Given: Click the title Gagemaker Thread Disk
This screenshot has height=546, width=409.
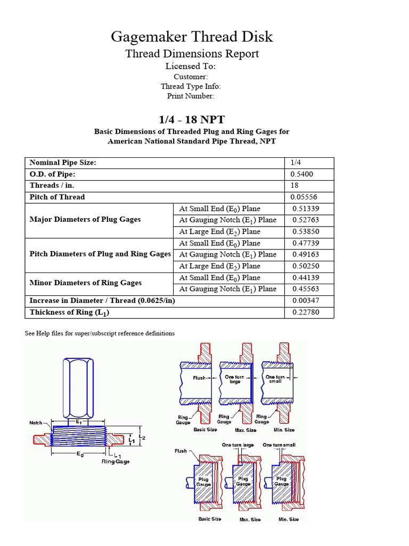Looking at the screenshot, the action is (x=192, y=37).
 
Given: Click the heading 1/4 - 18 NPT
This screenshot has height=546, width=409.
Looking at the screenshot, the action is (x=192, y=119).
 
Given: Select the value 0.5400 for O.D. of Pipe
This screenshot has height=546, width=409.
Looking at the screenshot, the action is (x=301, y=174).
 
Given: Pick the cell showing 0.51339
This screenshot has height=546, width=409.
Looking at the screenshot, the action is (x=306, y=208).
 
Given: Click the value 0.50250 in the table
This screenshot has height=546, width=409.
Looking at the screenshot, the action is (x=306, y=266).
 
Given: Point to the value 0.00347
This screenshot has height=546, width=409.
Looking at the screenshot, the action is (x=306, y=301).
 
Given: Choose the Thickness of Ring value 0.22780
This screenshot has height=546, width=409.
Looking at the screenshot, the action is (x=306, y=312).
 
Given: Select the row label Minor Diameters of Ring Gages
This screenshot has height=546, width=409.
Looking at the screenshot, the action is (x=86, y=283).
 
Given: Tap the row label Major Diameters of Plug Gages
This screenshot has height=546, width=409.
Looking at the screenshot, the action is (x=85, y=220).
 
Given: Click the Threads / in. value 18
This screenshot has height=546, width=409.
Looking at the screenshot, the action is (x=295, y=186).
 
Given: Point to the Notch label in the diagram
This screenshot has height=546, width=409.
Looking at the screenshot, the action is (x=37, y=422).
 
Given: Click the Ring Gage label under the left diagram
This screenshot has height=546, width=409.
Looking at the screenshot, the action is (x=116, y=462).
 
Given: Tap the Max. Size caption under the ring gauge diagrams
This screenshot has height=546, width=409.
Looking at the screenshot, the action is (x=246, y=430).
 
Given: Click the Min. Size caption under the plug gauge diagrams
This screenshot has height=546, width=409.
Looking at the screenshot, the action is (x=288, y=519).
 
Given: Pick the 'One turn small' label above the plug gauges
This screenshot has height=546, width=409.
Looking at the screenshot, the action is (x=279, y=445).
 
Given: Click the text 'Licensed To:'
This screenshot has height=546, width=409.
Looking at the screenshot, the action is (x=191, y=66).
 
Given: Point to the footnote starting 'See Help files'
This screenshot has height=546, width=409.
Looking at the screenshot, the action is (x=100, y=333).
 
